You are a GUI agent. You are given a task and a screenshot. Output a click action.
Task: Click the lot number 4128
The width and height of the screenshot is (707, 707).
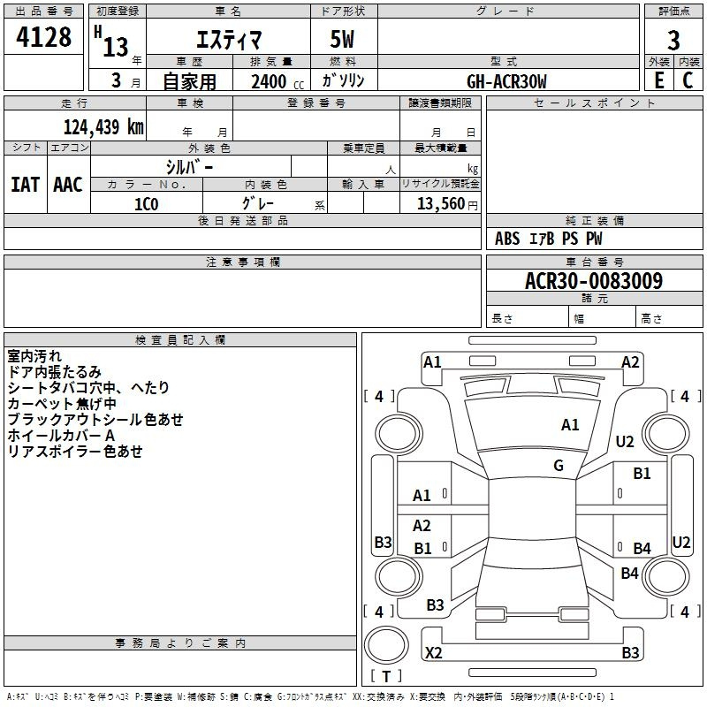click(43, 37)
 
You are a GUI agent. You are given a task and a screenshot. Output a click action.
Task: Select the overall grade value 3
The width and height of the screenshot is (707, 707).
click(673, 40)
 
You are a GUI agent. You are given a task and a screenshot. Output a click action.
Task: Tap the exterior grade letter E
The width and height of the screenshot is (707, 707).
click(659, 80)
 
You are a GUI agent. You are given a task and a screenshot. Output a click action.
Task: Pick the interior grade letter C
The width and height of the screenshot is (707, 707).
click(688, 80)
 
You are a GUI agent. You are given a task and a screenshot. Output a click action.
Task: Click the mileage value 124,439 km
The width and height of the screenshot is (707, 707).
click(103, 127)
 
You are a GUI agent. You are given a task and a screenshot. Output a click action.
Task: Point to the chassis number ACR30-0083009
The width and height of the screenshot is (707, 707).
click(594, 281)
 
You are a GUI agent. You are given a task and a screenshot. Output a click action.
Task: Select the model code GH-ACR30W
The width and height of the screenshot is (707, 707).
click(506, 81)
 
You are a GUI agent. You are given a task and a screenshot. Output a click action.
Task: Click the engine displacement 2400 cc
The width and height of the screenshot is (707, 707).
click(277, 81)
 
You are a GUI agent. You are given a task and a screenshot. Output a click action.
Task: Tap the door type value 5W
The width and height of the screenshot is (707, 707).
click(342, 39)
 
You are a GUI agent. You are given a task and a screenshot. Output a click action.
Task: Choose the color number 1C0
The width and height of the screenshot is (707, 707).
click(147, 204)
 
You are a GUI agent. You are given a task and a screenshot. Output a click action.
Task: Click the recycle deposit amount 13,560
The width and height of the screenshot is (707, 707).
click(441, 204)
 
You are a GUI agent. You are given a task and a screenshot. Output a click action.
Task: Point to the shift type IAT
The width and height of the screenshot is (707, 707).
click(26, 185)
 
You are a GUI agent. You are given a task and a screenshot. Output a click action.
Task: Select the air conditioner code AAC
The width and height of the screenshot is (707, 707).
click(68, 185)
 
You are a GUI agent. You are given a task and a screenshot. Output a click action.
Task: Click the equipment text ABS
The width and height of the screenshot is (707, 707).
click(507, 239)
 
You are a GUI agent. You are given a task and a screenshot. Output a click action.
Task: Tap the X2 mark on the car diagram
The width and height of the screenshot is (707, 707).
click(433, 652)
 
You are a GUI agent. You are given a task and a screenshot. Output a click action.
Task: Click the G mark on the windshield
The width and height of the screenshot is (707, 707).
click(559, 466)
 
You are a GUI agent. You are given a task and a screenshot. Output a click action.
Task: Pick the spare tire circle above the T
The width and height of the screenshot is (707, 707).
click(386, 645)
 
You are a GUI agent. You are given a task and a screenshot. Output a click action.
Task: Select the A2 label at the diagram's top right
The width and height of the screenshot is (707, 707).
click(630, 362)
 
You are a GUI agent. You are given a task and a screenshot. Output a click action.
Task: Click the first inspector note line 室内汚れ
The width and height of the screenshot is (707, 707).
click(34, 356)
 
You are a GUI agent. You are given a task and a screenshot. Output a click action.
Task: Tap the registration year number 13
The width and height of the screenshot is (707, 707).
click(116, 47)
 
